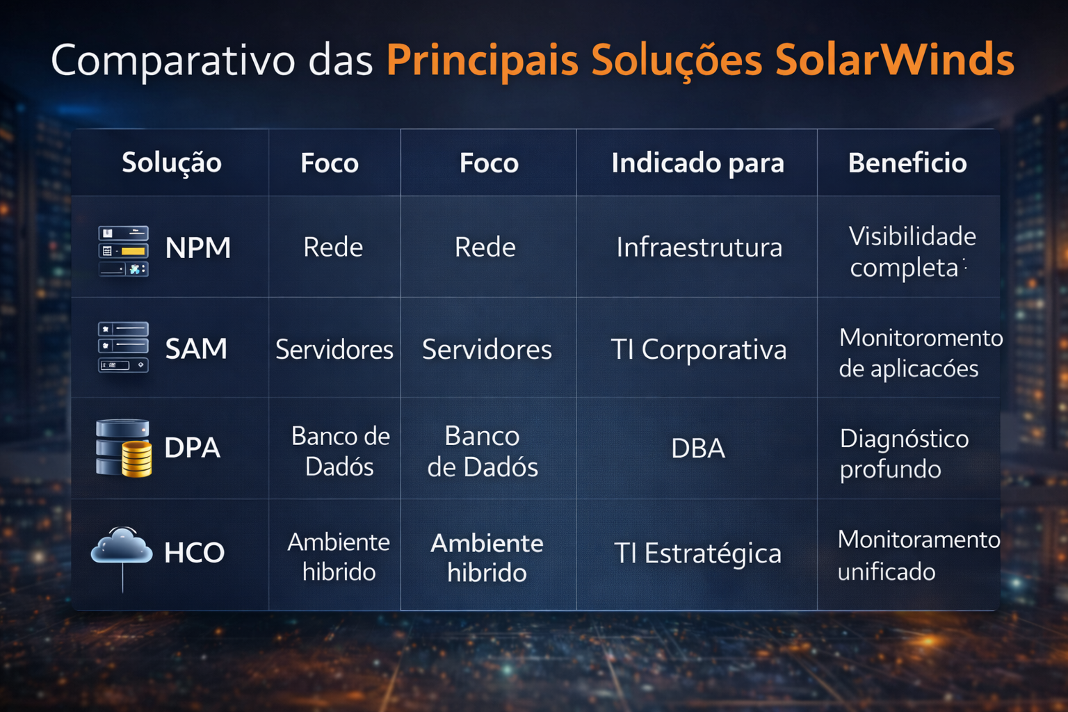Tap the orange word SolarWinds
tap(894, 60)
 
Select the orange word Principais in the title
tap(482, 61)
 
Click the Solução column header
tap(172, 163)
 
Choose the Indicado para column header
tap(697, 163)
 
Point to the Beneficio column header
tap(907, 163)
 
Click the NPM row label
tap(198, 248)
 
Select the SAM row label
tap(196, 348)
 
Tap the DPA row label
tap(193, 448)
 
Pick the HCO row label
tap(194, 553)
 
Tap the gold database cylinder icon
tap(137, 458)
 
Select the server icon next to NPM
tap(123, 251)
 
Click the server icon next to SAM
tap(123, 347)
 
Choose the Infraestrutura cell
tap(699, 248)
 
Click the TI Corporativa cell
tap(698, 349)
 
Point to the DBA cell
tap(698, 448)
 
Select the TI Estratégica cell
tap(697, 553)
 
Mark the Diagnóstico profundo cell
tap(903, 453)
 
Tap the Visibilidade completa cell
tap(912, 252)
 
